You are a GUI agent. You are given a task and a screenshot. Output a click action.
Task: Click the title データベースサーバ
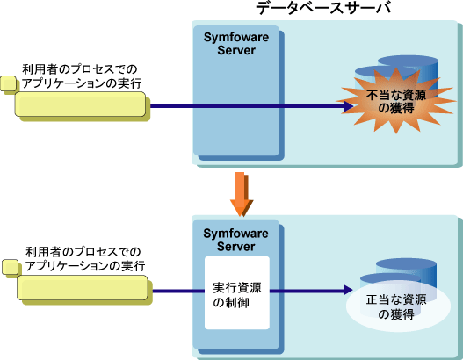(x=323, y=8)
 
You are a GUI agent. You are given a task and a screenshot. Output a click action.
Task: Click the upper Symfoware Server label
(x=236, y=44)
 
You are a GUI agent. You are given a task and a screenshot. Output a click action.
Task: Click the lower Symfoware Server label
(x=235, y=240)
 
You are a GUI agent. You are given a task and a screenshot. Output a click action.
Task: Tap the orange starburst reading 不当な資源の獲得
(x=397, y=101)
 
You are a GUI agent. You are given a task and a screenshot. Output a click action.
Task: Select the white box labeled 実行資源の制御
(x=237, y=292)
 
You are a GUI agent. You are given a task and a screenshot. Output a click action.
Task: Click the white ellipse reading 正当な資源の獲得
(x=398, y=307)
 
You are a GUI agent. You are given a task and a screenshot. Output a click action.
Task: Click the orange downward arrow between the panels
(x=242, y=194)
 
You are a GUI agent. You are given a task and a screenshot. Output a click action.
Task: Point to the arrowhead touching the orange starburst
(x=349, y=106)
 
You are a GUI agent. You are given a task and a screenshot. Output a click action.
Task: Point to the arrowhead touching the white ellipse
(x=348, y=290)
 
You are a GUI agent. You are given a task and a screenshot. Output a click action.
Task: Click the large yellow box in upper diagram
(x=80, y=104)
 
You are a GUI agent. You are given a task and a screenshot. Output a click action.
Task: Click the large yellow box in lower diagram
(x=82, y=288)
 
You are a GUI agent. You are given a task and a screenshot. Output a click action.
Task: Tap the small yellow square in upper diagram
(x=8, y=83)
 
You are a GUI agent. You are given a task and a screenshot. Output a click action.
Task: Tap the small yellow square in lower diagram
(x=10, y=267)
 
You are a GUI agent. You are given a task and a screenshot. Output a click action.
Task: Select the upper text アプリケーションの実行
(x=82, y=83)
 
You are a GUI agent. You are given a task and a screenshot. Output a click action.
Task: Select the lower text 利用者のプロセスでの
(x=83, y=252)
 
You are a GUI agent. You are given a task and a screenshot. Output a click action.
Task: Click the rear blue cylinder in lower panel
(x=406, y=271)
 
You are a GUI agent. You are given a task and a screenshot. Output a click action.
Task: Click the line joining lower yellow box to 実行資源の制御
(x=178, y=292)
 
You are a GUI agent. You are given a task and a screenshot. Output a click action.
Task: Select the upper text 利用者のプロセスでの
(x=80, y=69)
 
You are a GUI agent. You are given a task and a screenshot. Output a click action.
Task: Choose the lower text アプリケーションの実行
(x=85, y=266)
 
